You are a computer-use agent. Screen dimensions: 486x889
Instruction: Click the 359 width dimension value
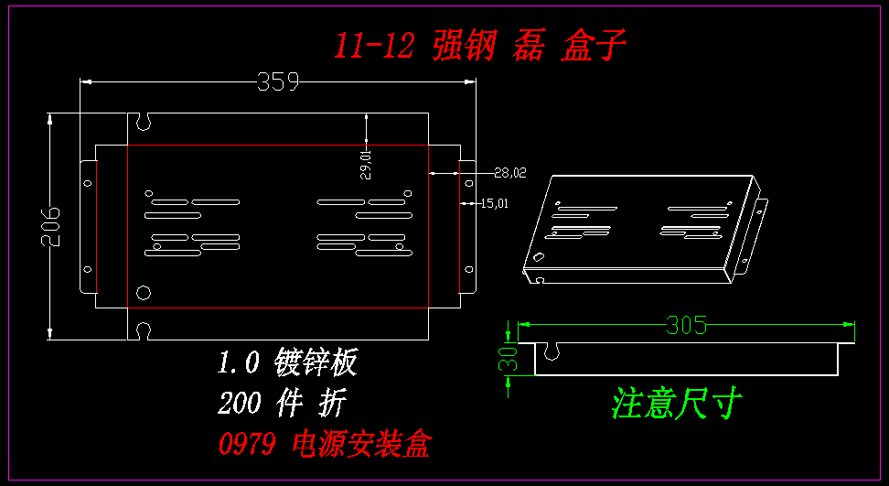[x=278, y=82]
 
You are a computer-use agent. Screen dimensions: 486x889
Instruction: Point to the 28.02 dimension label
[x=510, y=171]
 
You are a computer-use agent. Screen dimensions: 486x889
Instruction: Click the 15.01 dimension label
[x=494, y=203]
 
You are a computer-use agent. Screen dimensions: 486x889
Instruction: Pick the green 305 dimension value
[x=687, y=325]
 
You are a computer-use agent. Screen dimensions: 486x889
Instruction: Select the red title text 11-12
[x=375, y=46]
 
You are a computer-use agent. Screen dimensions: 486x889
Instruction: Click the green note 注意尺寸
[x=677, y=403]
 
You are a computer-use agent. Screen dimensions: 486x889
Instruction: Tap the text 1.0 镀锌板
[x=286, y=363]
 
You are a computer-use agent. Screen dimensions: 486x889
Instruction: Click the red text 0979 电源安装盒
[x=324, y=445]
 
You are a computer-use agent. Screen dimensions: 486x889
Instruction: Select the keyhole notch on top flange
[x=143, y=120]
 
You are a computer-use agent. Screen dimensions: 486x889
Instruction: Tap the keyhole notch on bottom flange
[x=143, y=330]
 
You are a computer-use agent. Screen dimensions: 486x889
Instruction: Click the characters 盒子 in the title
[x=594, y=46]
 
